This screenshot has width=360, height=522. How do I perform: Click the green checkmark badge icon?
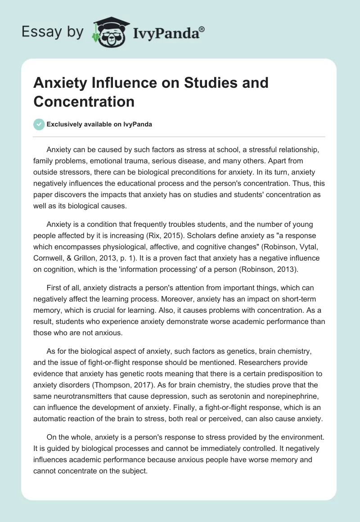(x=39, y=124)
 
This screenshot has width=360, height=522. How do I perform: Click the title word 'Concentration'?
(x=84, y=101)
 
